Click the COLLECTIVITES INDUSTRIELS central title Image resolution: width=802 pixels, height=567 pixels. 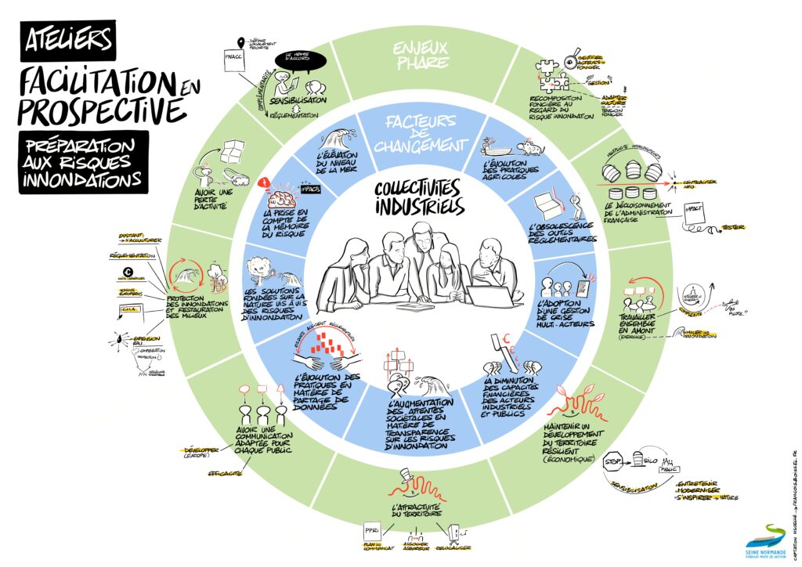coord(418,197)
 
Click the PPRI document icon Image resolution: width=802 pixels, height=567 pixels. coord(371,530)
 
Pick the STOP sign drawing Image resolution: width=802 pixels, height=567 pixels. coord(613,464)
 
